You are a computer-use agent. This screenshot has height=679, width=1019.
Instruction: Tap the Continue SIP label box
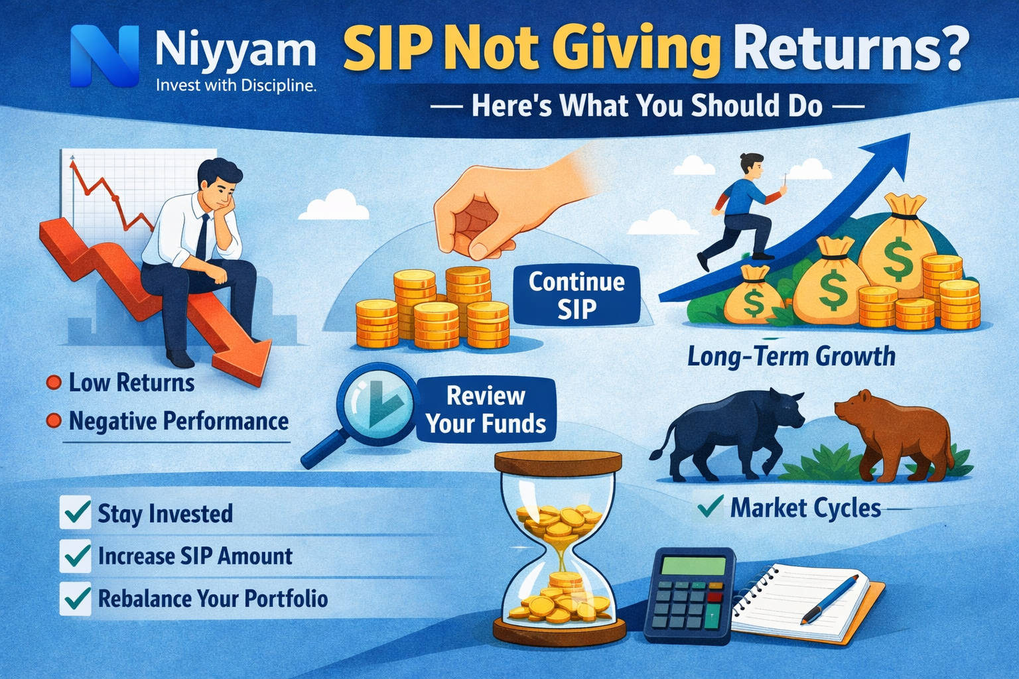(x=577, y=296)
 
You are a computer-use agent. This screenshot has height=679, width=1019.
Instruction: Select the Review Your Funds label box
(x=486, y=410)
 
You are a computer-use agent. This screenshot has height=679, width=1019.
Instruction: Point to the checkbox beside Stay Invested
(x=76, y=513)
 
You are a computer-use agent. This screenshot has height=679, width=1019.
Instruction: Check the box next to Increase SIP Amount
(x=76, y=556)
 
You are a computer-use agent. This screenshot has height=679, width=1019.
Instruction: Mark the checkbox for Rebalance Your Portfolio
(x=76, y=598)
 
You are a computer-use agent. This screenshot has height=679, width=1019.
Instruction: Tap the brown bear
(x=892, y=434)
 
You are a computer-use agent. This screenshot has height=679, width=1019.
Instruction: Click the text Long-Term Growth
(x=791, y=357)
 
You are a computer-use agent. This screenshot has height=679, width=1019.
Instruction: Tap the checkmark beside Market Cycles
(x=710, y=507)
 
